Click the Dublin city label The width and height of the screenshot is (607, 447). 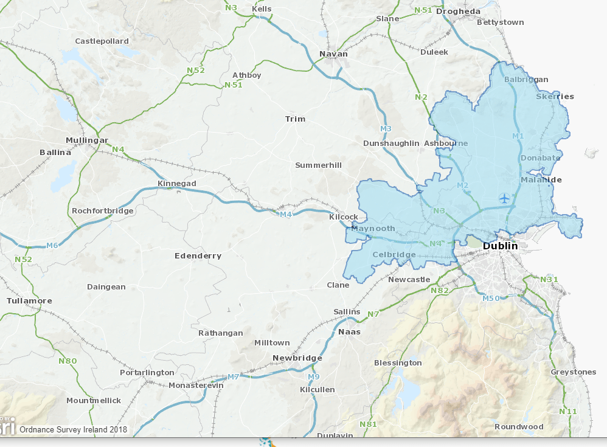[x=500, y=246]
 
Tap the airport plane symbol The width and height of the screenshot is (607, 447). [x=504, y=198]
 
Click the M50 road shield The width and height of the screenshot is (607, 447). [x=491, y=298]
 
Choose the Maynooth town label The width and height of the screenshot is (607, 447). [x=373, y=229]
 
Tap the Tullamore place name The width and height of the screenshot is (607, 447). [x=29, y=301]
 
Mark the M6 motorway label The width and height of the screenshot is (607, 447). [x=53, y=246]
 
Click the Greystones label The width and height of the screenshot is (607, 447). [x=573, y=372]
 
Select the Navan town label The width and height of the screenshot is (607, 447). [x=334, y=54]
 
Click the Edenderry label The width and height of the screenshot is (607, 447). [x=198, y=256]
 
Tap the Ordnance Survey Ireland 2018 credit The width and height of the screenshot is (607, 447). [x=73, y=429]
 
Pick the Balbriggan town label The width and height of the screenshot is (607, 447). [x=526, y=80]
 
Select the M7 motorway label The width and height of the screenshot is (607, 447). [x=233, y=377]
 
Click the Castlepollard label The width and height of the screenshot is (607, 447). [x=102, y=41]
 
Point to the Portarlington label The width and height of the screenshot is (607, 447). [x=147, y=372]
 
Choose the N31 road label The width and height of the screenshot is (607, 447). [x=549, y=279]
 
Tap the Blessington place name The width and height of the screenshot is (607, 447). [x=398, y=363]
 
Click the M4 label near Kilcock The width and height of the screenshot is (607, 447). [x=286, y=214]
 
